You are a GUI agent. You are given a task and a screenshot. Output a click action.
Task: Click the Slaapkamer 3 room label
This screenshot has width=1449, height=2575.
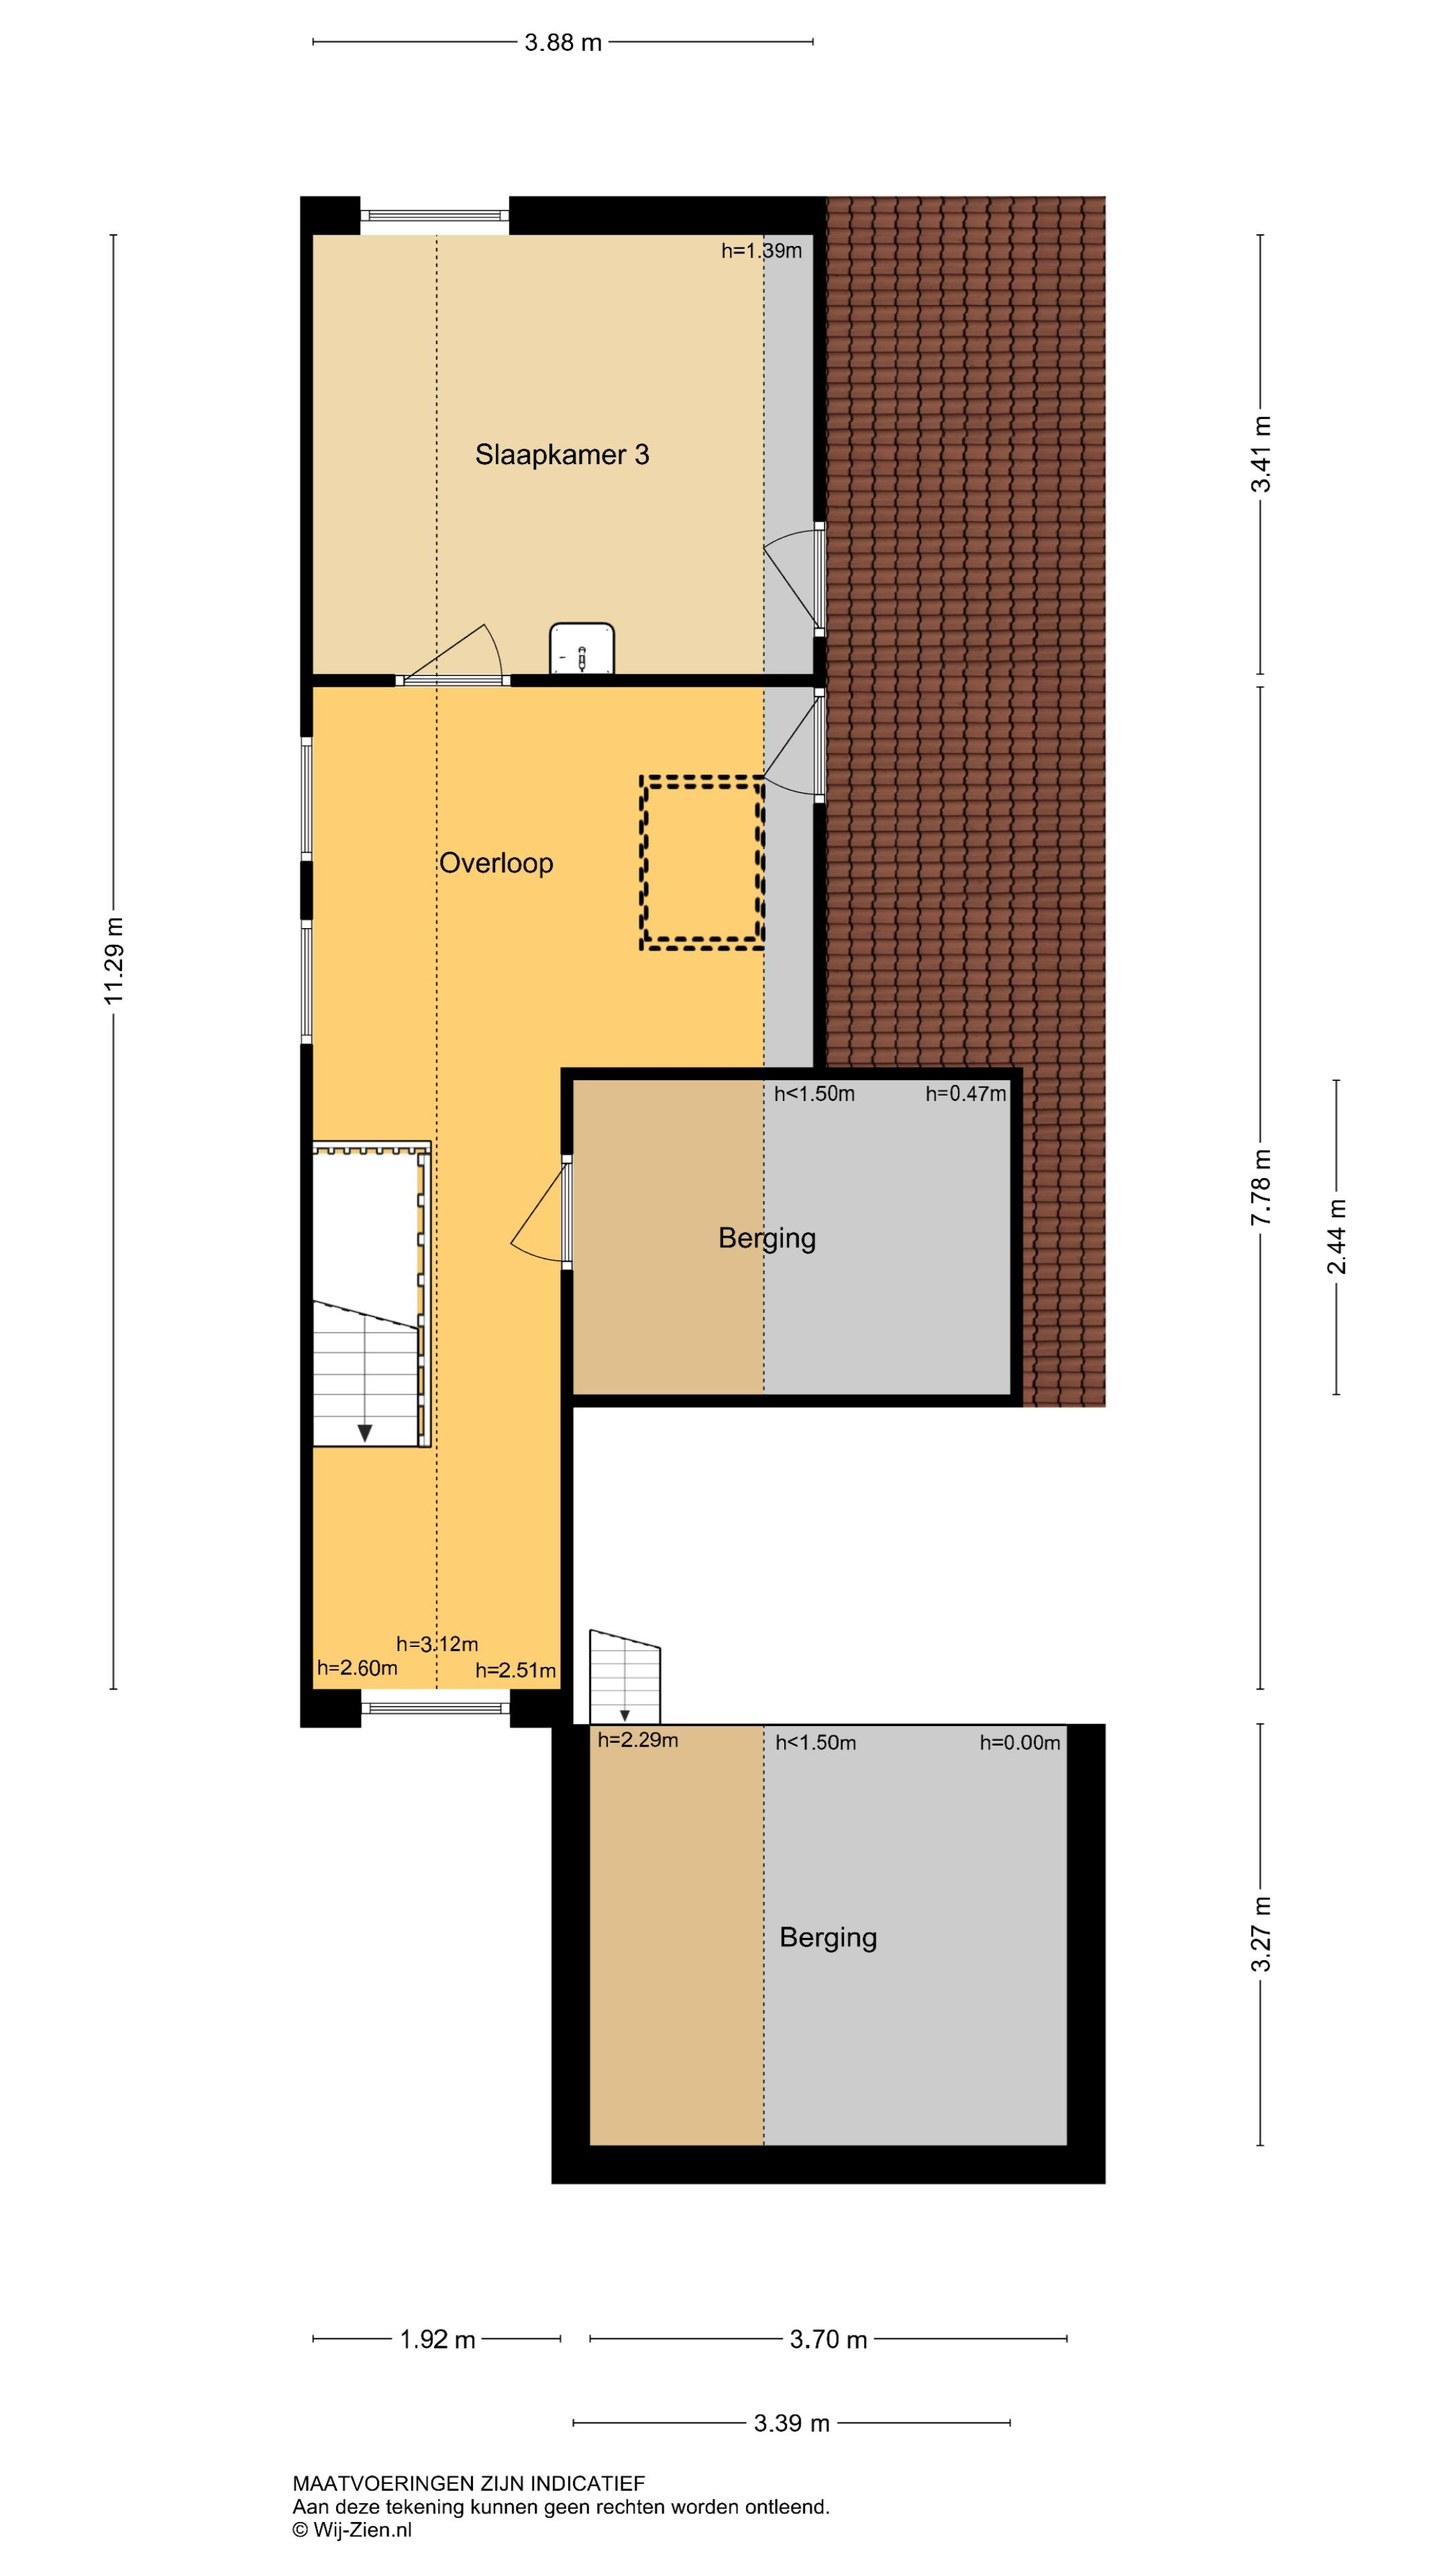coord(562,455)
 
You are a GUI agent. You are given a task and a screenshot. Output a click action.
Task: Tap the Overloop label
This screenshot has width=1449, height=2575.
coord(496,862)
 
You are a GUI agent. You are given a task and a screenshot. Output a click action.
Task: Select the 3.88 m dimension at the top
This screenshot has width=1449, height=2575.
coord(563,42)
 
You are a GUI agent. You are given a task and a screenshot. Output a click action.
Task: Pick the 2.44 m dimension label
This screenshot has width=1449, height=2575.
coord(1337,1237)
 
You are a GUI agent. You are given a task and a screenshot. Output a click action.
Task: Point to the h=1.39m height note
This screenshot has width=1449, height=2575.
coord(762,251)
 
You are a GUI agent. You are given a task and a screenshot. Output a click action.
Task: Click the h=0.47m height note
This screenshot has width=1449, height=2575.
coord(966,1094)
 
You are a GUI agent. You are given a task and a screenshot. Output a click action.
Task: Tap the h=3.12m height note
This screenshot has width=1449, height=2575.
coord(437,1644)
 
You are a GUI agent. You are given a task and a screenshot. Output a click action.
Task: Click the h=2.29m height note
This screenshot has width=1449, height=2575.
coord(638,1739)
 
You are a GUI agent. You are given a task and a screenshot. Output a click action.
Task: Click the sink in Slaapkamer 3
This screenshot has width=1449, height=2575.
coord(582,648)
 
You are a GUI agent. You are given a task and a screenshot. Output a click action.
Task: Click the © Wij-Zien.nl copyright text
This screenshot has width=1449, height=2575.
coord(352,2530)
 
